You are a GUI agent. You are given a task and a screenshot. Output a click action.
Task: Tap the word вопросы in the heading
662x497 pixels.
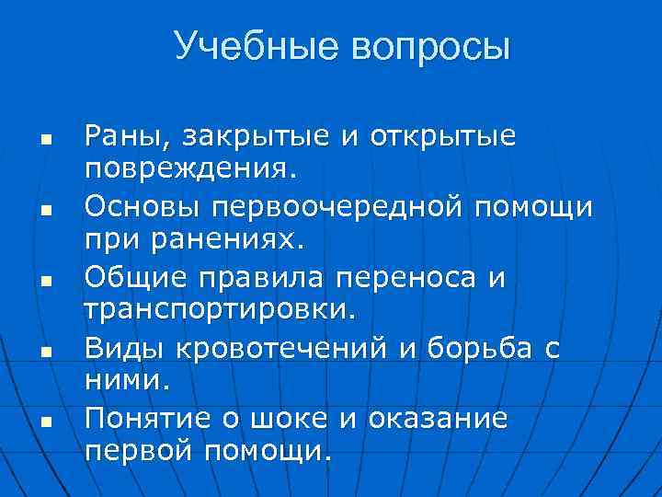click(x=427, y=47)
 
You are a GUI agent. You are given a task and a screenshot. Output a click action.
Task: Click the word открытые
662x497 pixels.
click(x=442, y=138)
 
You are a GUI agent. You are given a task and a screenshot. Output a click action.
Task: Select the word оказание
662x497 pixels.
click(x=437, y=419)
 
